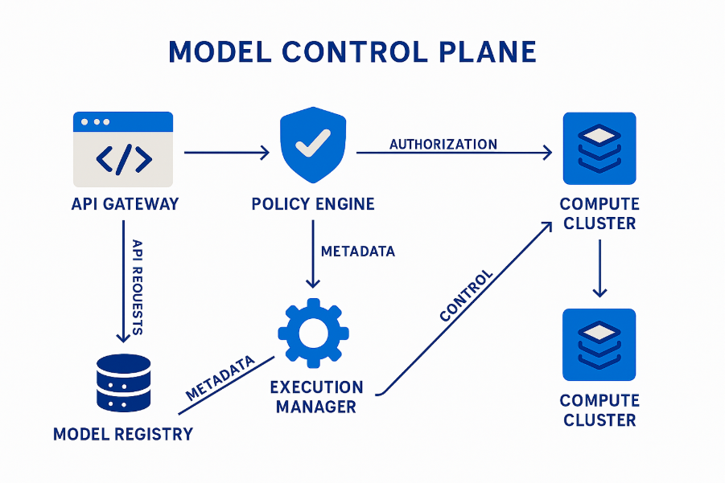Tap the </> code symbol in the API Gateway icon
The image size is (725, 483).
click(x=123, y=159)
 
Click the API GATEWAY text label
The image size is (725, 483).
click(x=125, y=204)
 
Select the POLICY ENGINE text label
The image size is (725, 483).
click(x=313, y=204)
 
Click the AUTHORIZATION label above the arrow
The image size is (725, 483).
click(x=443, y=145)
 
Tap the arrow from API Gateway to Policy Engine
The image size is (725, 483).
click(x=227, y=152)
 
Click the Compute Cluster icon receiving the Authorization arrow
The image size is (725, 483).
click(x=599, y=149)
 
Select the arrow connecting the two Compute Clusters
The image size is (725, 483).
click(x=599, y=269)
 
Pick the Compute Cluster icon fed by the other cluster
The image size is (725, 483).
click(x=599, y=345)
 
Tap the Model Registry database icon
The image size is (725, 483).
click(x=123, y=383)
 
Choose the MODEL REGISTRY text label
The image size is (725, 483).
click(x=123, y=435)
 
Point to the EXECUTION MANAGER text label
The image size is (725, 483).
click(x=316, y=397)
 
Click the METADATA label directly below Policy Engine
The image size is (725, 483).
click(x=358, y=252)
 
